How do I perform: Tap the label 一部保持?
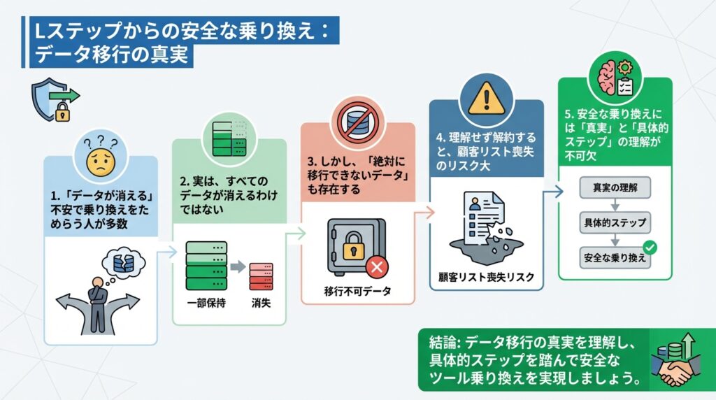click(x=205, y=303)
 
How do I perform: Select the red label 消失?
click(x=261, y=303)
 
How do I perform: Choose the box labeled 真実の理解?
click(x=615, y=187)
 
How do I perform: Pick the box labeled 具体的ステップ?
click(x=615, y=222)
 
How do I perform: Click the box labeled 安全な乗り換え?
click(x=615, y=257)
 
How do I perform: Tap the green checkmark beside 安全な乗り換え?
click(x=650, y=247)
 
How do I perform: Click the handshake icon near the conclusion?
click(x=671, y=369)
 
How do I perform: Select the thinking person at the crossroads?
click(x=97, y=294)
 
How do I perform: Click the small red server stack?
click(x=261, y=276)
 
